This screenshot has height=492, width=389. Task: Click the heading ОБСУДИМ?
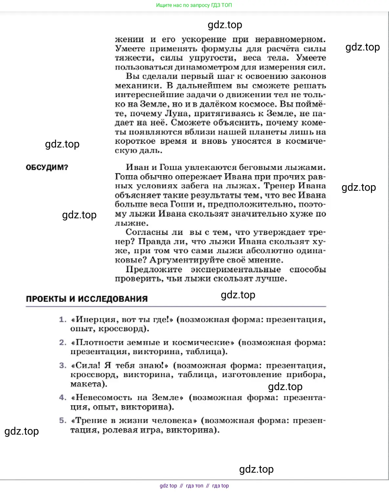click(47, 167)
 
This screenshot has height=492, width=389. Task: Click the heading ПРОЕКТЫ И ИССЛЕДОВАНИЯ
click(87, 299)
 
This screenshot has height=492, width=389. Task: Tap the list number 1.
click(63, 319)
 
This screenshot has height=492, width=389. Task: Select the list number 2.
click(63, 343)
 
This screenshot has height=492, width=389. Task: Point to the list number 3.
click(63, 365)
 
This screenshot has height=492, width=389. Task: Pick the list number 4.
click(63, 398)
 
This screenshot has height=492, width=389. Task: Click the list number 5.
click(63, 421)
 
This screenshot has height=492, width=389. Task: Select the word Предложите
click(154, 269)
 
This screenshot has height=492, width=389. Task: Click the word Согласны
click(146, 232)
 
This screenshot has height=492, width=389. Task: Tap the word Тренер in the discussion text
click(279, 186)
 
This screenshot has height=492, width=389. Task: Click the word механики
click(138, 86)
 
